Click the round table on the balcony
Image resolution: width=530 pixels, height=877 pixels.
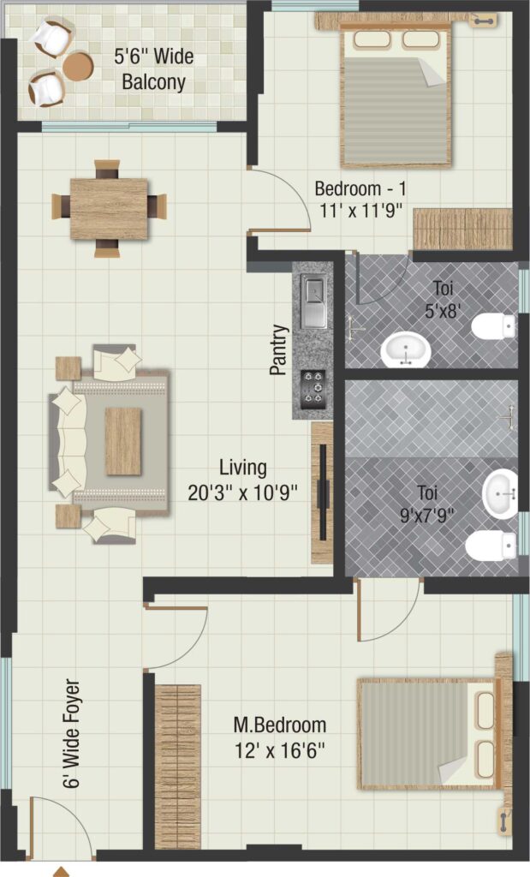point(77,65)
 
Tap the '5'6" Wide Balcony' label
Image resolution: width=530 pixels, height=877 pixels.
point(154,69)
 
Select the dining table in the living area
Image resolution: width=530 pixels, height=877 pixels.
point(109,208)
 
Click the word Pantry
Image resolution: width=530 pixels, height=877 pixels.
point(278,349)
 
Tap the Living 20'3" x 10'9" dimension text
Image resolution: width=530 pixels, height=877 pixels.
point(242,480)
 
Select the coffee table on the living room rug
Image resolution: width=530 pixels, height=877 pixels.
point(123,441)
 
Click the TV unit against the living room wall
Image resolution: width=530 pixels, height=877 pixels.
point(322,492)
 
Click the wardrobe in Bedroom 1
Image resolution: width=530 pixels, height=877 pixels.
point(463,229)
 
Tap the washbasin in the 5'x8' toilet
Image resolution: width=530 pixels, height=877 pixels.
point(406,349)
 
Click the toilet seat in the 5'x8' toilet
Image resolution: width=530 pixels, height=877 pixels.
point(494,326)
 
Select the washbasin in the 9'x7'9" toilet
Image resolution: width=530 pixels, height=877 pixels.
point(500,494)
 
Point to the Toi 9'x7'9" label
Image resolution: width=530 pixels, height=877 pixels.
point(427,504)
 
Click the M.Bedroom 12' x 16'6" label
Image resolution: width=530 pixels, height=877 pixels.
point(279,737)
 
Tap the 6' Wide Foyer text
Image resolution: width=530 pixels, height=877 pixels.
point(72,733)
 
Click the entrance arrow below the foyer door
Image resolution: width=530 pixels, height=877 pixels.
point(62,871)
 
